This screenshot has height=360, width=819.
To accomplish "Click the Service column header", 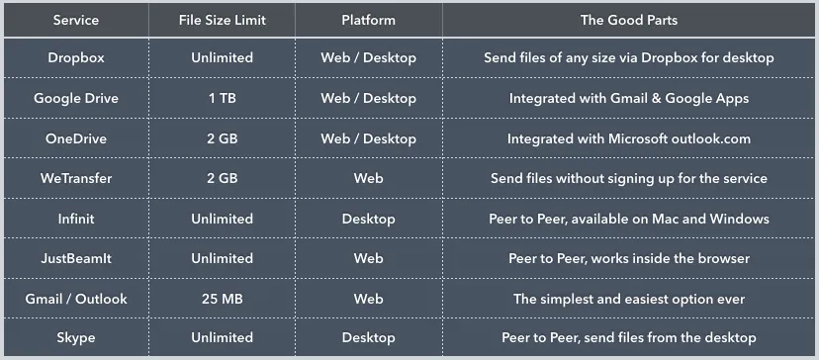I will coord(76,19).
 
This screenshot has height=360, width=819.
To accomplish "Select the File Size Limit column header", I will coord(222,19).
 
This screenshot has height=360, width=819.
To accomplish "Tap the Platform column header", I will coord(368,19).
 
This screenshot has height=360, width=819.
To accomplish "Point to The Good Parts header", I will coord(628,19).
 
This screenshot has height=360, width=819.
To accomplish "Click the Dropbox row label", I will coord(76,58).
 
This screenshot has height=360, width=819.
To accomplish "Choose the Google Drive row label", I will coord(76,98).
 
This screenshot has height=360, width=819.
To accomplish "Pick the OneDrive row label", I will coord(76,138).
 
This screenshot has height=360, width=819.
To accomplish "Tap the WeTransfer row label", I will coord(76,179).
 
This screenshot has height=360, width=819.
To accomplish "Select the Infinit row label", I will coord(76,219).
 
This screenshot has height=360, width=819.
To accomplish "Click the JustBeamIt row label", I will coord(76,258).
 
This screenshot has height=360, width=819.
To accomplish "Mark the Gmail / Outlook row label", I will coord(76,299).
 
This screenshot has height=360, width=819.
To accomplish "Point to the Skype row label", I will coord(76,338).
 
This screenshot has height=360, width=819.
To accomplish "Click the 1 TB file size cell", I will coord(222,98).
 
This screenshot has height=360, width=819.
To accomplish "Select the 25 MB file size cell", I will coord(222,299).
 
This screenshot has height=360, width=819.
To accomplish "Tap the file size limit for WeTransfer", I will coord(222,179).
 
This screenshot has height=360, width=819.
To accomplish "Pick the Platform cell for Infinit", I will coord(368,219).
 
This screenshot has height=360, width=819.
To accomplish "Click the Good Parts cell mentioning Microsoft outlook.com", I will coord(628,138).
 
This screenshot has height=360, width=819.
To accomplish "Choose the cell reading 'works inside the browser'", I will coord(628,258).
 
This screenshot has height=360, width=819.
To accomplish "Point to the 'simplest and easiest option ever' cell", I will coord(628,299).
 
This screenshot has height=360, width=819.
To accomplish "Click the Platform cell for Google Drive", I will coord(368,98).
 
